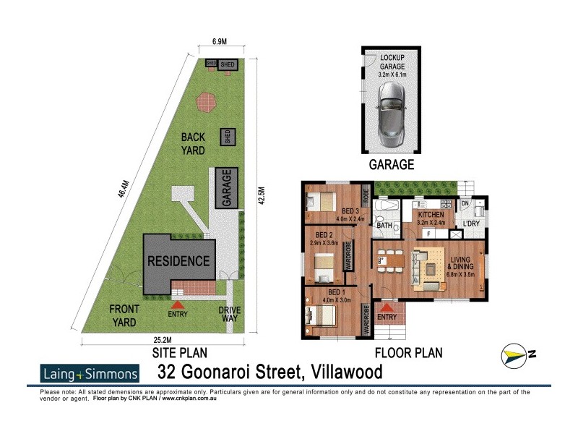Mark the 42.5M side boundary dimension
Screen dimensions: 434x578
click(x=264, y=196)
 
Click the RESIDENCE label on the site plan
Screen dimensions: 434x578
click(x=178, y=261)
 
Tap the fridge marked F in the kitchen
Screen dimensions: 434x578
click(x=429, y=234)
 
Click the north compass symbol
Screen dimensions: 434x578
click(x=519, y=354)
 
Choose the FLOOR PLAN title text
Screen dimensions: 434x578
click(x=407, y=354)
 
